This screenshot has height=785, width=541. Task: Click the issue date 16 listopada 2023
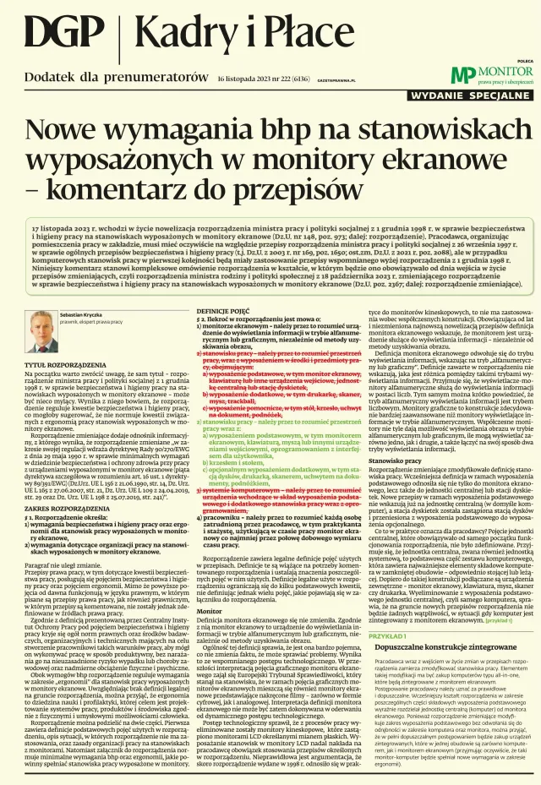point(245,79)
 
